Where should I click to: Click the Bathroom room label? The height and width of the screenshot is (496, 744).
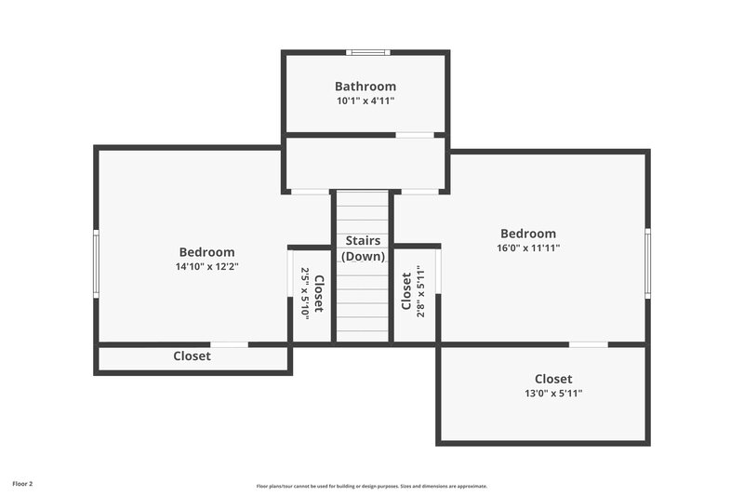click(365, 87)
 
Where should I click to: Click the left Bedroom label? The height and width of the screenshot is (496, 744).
click(206, 251)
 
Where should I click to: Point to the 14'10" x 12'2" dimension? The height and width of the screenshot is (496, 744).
click(206, 266)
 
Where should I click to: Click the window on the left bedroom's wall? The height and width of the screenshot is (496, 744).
click(96, 264)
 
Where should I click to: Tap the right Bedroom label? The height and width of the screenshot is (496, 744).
click(527, 234)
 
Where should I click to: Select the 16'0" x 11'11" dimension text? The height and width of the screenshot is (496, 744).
click(527, 248)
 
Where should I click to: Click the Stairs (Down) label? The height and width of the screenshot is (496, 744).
click(362, 248)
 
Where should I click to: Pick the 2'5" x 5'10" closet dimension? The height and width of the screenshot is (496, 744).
click(303, 294)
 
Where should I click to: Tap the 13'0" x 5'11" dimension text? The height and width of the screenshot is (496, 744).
click(553, 394)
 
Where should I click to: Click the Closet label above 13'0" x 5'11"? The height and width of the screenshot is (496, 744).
click(553, 379)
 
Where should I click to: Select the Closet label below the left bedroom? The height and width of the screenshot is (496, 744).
click(192, 355)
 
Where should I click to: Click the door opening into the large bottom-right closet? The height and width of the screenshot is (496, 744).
click(588, 344)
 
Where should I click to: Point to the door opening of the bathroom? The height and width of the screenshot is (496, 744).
click(415, 135)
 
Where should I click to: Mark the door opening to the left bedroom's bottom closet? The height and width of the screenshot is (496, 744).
click(229, 344)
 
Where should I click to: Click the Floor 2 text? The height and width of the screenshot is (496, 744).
click(22, 484)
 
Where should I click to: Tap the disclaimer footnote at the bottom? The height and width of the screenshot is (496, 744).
click(372, 486)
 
